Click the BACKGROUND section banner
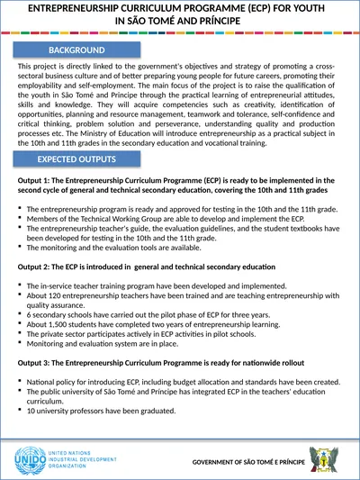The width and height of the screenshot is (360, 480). [x=76, y=50]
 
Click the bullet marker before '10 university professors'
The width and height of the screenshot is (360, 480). [x=20, y=410]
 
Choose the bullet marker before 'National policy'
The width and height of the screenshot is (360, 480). [x=20, y=381]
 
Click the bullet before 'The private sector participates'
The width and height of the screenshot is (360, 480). [x=20, y=333]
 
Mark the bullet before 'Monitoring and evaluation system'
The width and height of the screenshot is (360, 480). [x=20, y=342]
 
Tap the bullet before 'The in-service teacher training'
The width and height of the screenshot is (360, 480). [x=20, y=285]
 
